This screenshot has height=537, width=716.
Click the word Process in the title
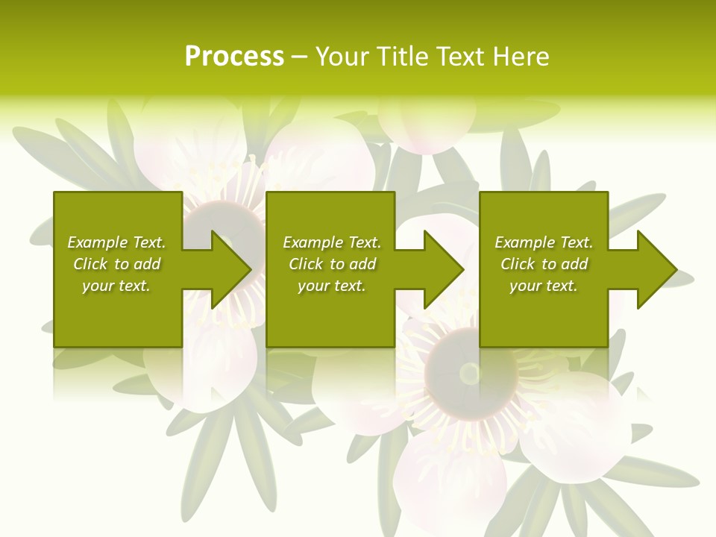pos(234,57)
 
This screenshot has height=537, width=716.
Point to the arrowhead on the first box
pos(230,269)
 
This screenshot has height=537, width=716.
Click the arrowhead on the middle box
pos(443,269)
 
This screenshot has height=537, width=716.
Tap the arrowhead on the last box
pos(656,269)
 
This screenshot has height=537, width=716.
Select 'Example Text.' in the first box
pos(116,242)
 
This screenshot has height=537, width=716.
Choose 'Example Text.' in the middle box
pos(332,242)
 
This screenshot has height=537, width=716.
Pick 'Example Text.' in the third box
pos(544,242)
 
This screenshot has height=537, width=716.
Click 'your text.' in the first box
pos(116,286)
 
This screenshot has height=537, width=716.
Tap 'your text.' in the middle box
pos(332,286)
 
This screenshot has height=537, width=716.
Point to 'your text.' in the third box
pos(544,286)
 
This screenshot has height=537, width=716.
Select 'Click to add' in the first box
pos(116,264)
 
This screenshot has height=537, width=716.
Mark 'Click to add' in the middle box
pos(332,264)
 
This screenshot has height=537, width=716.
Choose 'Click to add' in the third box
pos(544,264)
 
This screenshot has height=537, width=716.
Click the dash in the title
pos(299,57)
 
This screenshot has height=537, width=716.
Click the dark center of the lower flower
pos(469,372)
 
